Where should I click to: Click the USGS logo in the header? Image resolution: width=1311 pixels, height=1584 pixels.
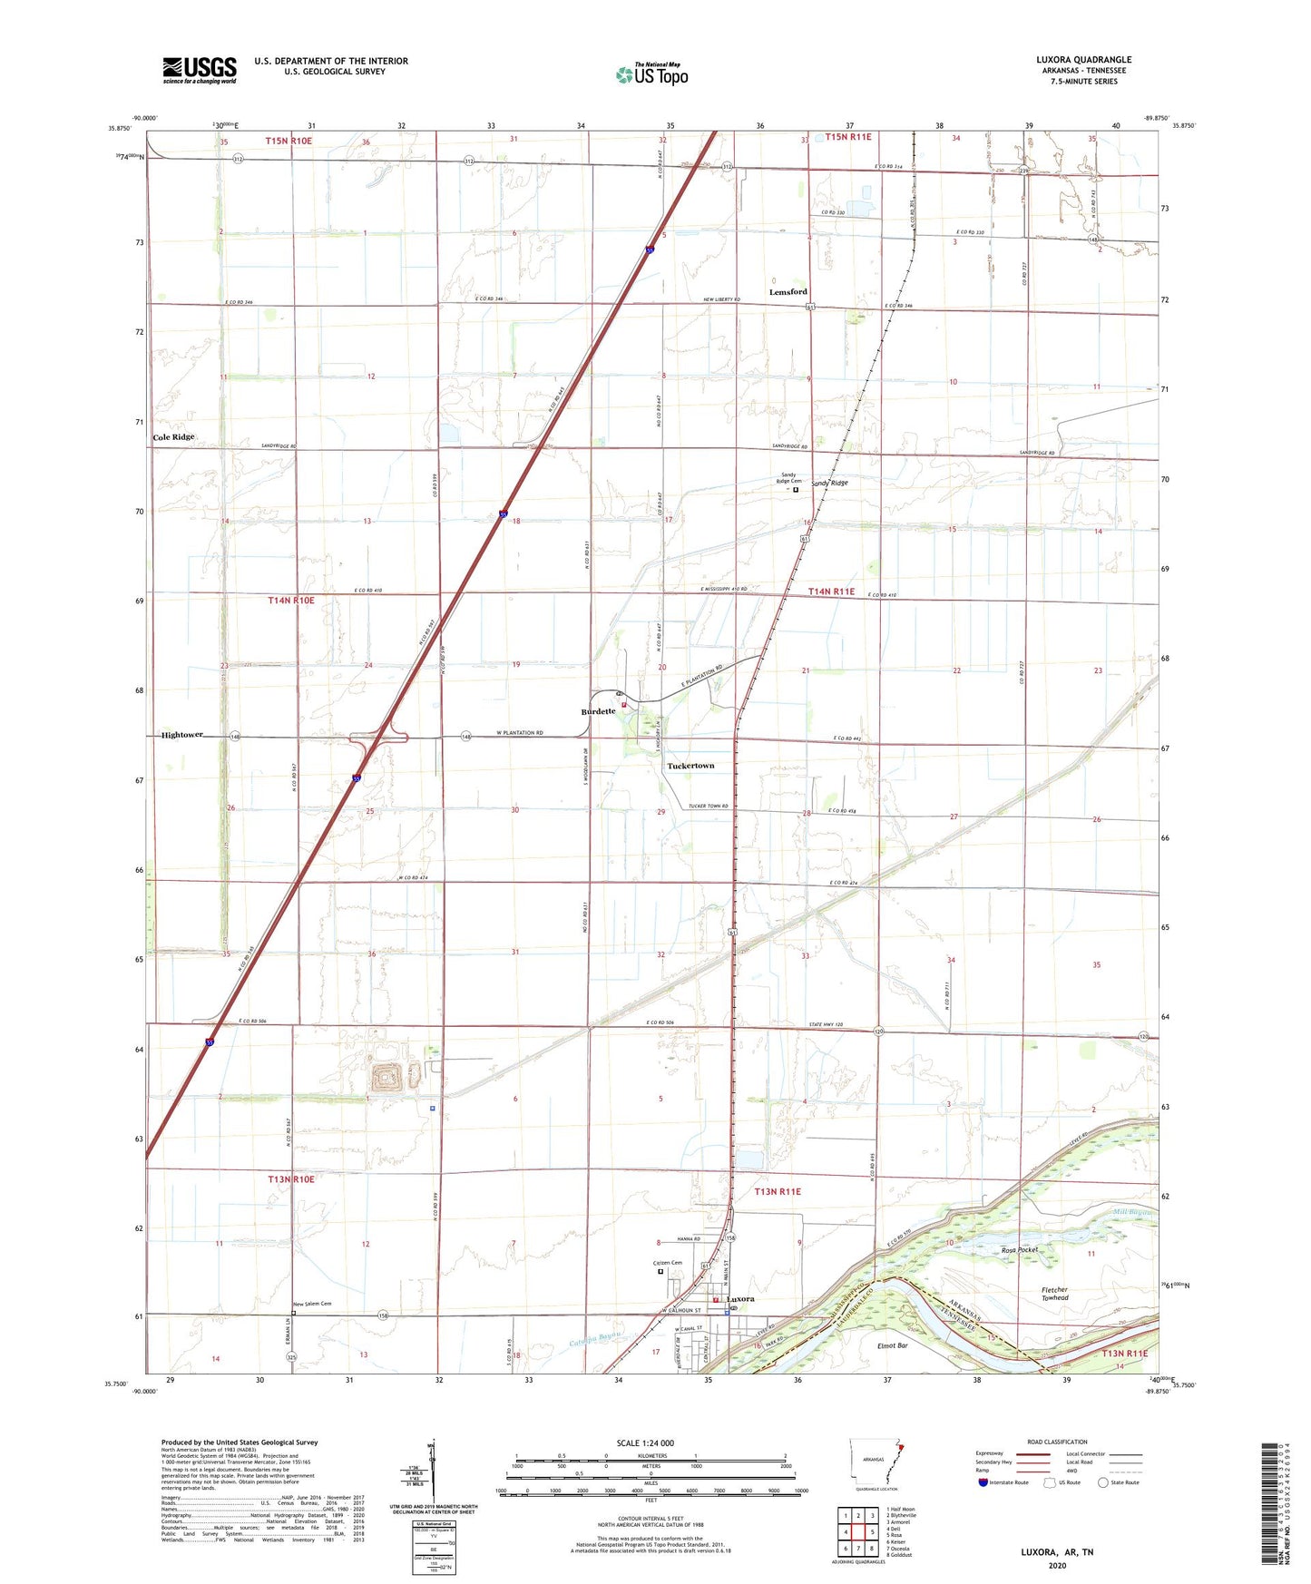200,70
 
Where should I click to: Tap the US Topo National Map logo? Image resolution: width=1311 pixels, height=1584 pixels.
651,73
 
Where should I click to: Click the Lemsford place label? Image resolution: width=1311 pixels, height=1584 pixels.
788,292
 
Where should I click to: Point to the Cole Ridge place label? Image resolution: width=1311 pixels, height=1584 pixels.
173,437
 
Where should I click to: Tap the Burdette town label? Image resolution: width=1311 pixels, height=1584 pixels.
598,711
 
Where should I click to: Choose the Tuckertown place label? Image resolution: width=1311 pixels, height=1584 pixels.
690,766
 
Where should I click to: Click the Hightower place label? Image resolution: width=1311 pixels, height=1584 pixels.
181,735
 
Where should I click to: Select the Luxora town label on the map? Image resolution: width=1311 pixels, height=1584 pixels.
740,1299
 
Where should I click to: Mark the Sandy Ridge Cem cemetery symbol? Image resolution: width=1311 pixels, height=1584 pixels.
796,490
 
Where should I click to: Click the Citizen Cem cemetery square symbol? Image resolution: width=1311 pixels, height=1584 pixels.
660,1271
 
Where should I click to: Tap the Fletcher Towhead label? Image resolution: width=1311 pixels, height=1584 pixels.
1055,1294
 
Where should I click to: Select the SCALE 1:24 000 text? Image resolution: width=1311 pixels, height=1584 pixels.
645,1442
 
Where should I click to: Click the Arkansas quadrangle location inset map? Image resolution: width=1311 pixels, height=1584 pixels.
876,1462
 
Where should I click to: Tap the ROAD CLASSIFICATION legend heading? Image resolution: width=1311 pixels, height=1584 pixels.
1057,1442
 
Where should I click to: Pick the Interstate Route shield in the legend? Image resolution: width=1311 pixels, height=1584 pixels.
983,1482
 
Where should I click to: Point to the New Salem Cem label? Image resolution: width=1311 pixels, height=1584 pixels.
312,1304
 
